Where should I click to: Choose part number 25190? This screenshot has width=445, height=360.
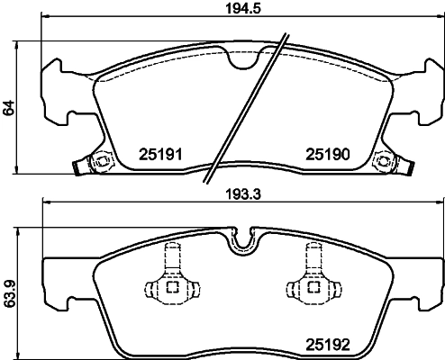pos(328,155)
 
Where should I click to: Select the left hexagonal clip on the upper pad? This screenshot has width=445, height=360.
pos(100,163)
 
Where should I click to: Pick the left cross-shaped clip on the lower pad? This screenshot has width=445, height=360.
pos(170,287)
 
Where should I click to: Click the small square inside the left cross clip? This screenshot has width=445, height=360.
pos(170,289)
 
